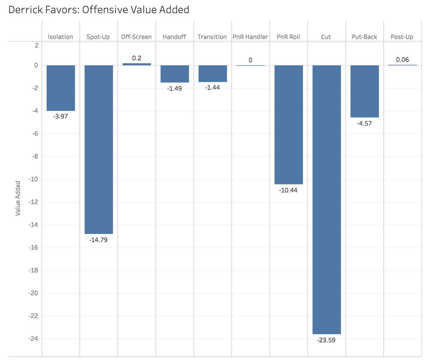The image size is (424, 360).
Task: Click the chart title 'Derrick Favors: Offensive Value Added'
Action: pyautogui.click(x=99, y=10)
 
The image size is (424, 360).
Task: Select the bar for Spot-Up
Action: pyautogui.click(x=99, y=149)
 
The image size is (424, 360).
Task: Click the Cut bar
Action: pyautogui.click(x=327, y=200)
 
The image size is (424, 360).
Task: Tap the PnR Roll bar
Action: pyautogui.click(x=289, y=125)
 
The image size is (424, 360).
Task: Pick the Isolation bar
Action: pyautogui.click(x=61, y=88)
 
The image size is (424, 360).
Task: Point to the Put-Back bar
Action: pyautogui.click(x=365, y=91)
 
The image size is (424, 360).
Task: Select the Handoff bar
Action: pyautogui.click(x=175, y=74)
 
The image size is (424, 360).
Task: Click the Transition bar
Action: pyautogui.click(x=213, y=74)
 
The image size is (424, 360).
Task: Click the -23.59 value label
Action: pyautogui.click(x=326, y=340)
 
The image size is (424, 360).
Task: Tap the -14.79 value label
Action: pyautogui.click(x=98, y=240)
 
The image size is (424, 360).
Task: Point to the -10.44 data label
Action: pyautogui.click(x=288, y=190)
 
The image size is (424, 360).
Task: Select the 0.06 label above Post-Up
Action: pyautogui.click(x=402, y=60)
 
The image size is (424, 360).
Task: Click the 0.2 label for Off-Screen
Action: pyautogui.click(x=137, y=58)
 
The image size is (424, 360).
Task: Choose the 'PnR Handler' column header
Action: pyautogui.click(x=250, y=37)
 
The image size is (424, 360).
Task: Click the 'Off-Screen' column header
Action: pyautogui.click(x=136, y=37)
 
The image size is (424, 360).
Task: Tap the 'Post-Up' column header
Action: pyautogui.click(x=402, y=37)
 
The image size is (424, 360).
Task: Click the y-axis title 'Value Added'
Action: pyautogui.click(x=18, y=198)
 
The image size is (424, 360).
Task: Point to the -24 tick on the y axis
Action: pyautogui.click(x=33, y=339)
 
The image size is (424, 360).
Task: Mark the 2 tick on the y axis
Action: pyautogui.click(x=37, y=45)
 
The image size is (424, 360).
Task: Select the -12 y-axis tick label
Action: pyautogui.click(x=33, y=202)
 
